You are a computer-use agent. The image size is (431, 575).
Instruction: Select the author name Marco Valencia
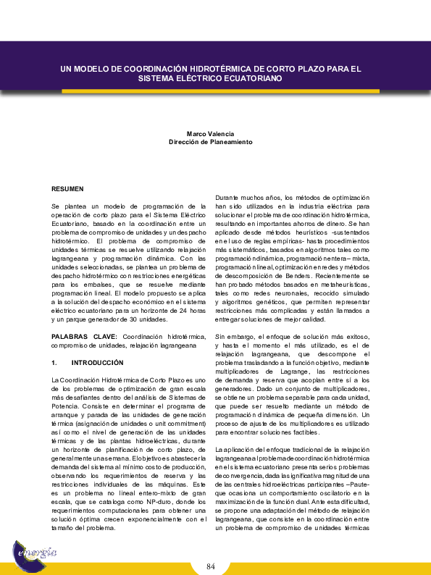point(210,134)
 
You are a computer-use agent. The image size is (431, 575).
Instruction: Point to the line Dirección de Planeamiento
point(210,142)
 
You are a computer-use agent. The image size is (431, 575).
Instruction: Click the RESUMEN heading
point(67,188)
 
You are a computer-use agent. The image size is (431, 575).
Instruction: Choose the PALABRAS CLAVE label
point(83,337)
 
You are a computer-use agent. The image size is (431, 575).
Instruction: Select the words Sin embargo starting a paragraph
point(233,337)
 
